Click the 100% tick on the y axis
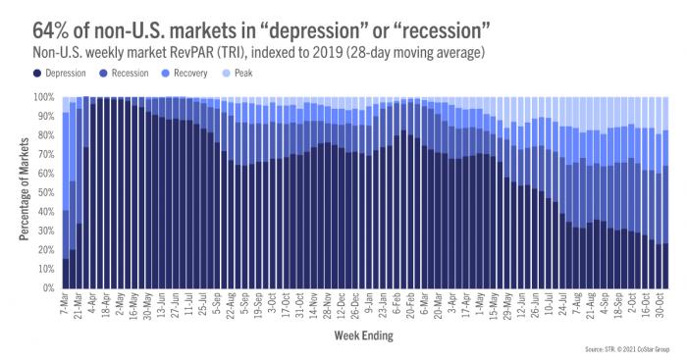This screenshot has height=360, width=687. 45,97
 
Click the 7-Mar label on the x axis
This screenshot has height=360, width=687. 66,306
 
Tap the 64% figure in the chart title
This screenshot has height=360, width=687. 30,21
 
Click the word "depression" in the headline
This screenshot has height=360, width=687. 291,21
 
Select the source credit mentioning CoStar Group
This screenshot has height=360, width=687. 622,349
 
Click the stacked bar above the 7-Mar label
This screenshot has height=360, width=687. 66,196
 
